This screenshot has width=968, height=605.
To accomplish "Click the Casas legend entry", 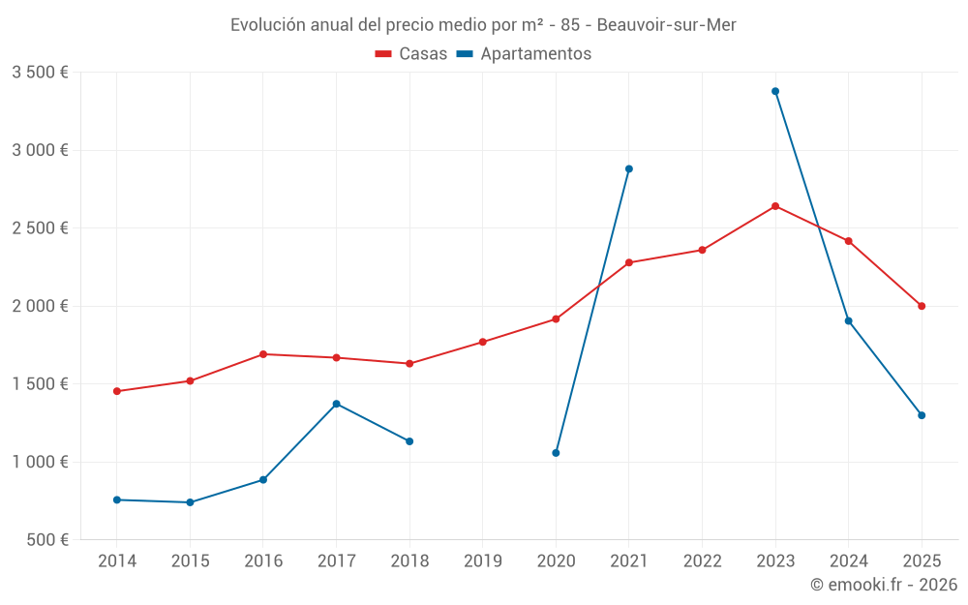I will [x=411, y=54].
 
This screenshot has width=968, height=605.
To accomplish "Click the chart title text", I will [x=483, y=25].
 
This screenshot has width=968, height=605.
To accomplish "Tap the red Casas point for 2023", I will [x=775, y=206].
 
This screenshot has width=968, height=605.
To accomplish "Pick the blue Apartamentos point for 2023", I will [x=775, y=91].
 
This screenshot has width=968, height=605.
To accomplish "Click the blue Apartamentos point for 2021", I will [x=629, y=168].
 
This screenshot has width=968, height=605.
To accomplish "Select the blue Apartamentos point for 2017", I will [x=336, y=404].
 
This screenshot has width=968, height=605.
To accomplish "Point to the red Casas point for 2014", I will [x=117, y=391].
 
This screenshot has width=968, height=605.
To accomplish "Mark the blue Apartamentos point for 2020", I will [x=556, y=453].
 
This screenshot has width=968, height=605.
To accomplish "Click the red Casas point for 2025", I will [x=922, y=306].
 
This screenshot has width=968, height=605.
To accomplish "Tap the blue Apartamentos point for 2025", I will [x=922, y=415].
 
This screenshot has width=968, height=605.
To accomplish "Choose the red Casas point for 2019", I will [x=483, y=342].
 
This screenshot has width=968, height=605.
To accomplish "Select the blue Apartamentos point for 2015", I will [x=190, y=502].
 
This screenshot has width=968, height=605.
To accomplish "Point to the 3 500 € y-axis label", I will [x=40, y=73].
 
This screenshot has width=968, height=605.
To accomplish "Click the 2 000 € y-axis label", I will [x=40, y=306].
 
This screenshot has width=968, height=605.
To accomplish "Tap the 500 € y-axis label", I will [x=46, y=540].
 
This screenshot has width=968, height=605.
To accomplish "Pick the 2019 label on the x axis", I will [x=483, y=561].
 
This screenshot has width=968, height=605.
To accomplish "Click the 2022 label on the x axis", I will [x=703, y=561].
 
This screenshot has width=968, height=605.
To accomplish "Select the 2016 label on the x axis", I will [x=263, y=561].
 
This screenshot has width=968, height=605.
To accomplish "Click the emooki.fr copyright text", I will [x=884, y=585].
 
